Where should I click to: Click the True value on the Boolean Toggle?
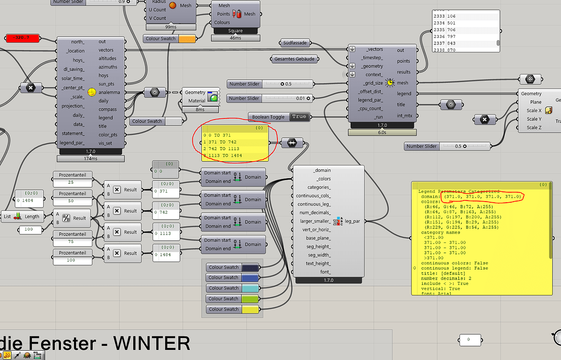[299, 117]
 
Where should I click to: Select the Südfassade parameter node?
[295, 42]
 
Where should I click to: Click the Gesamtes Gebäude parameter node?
[295, 59]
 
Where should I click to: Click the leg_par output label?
[352, 221]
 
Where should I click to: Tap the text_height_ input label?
[318, 264]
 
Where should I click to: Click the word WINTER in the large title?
[151, 343]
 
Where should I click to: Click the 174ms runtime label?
[91, 158]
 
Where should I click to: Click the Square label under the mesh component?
[235, 31]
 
